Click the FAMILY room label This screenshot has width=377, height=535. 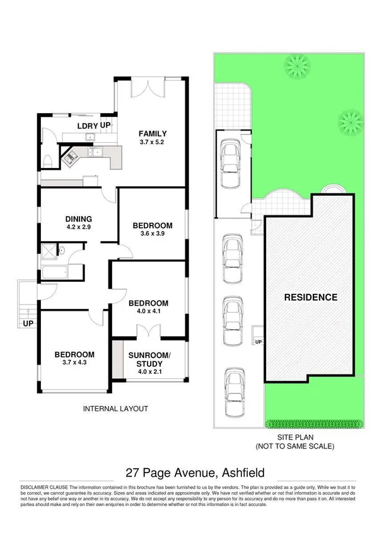153,133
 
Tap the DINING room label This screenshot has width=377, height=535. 78,219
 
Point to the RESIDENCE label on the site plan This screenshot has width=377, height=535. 310,297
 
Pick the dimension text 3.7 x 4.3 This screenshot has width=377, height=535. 74,363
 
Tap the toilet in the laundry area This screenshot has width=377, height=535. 48,159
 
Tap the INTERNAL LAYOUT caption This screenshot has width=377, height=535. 115,409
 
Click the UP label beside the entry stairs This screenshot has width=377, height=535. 28,323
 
